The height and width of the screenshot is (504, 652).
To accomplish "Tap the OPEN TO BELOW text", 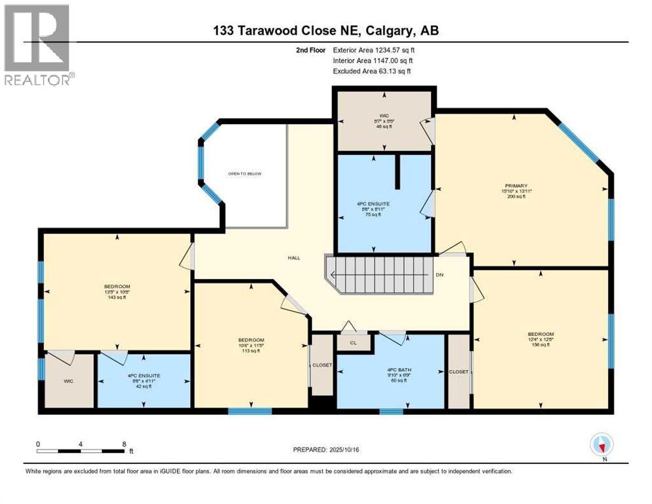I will point(245,173).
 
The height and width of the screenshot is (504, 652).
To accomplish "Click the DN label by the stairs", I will point(439,275).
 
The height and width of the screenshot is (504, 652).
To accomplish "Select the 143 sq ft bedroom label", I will point(117,287).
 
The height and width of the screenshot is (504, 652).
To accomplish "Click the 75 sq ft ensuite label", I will point(373,204).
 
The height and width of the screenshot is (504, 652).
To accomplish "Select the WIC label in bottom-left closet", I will point(68,381).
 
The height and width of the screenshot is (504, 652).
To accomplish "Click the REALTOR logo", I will point(38,45).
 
